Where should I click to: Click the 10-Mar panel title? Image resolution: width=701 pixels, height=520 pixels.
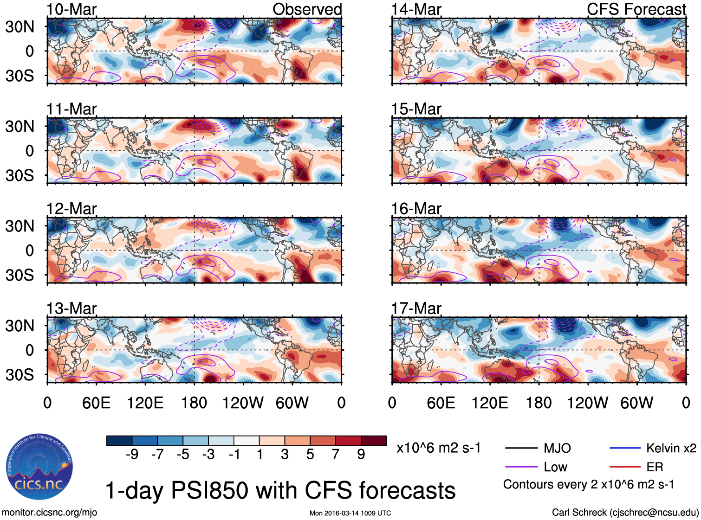tap(71, 9)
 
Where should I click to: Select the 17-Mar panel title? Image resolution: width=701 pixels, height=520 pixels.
tap(416, 308)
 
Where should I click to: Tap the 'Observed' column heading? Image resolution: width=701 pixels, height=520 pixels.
tap(307, 9)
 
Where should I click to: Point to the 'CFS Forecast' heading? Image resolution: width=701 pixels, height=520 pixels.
tap(636, 9)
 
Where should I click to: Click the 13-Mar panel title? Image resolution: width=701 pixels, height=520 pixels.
tap(71, 308)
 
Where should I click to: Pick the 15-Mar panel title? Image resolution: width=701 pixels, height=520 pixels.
tap(416, 109)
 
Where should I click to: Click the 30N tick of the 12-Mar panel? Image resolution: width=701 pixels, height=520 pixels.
tap(20, 226)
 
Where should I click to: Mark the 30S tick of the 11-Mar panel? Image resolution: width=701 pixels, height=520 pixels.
tap(20, 175)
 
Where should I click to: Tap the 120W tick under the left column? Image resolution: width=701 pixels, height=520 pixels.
tap(243, 403)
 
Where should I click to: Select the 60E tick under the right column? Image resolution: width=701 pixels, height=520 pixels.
tap(441, 403)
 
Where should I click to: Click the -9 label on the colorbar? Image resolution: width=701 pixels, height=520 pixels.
tap(132, 454)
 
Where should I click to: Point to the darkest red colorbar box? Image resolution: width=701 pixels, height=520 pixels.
tap(374, 441)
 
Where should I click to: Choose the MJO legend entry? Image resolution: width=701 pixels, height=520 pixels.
tap(557, 448)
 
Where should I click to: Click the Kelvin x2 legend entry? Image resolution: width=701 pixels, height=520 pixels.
tap(671, 448)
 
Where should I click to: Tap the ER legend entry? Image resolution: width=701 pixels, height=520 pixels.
tap(655, 467)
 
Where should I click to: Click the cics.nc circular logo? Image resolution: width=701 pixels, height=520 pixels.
tap(39, 467)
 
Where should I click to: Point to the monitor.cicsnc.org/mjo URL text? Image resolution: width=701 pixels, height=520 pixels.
tap(49, 513)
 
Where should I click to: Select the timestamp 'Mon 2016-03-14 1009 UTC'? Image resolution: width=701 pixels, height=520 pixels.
tap(350, 513)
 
